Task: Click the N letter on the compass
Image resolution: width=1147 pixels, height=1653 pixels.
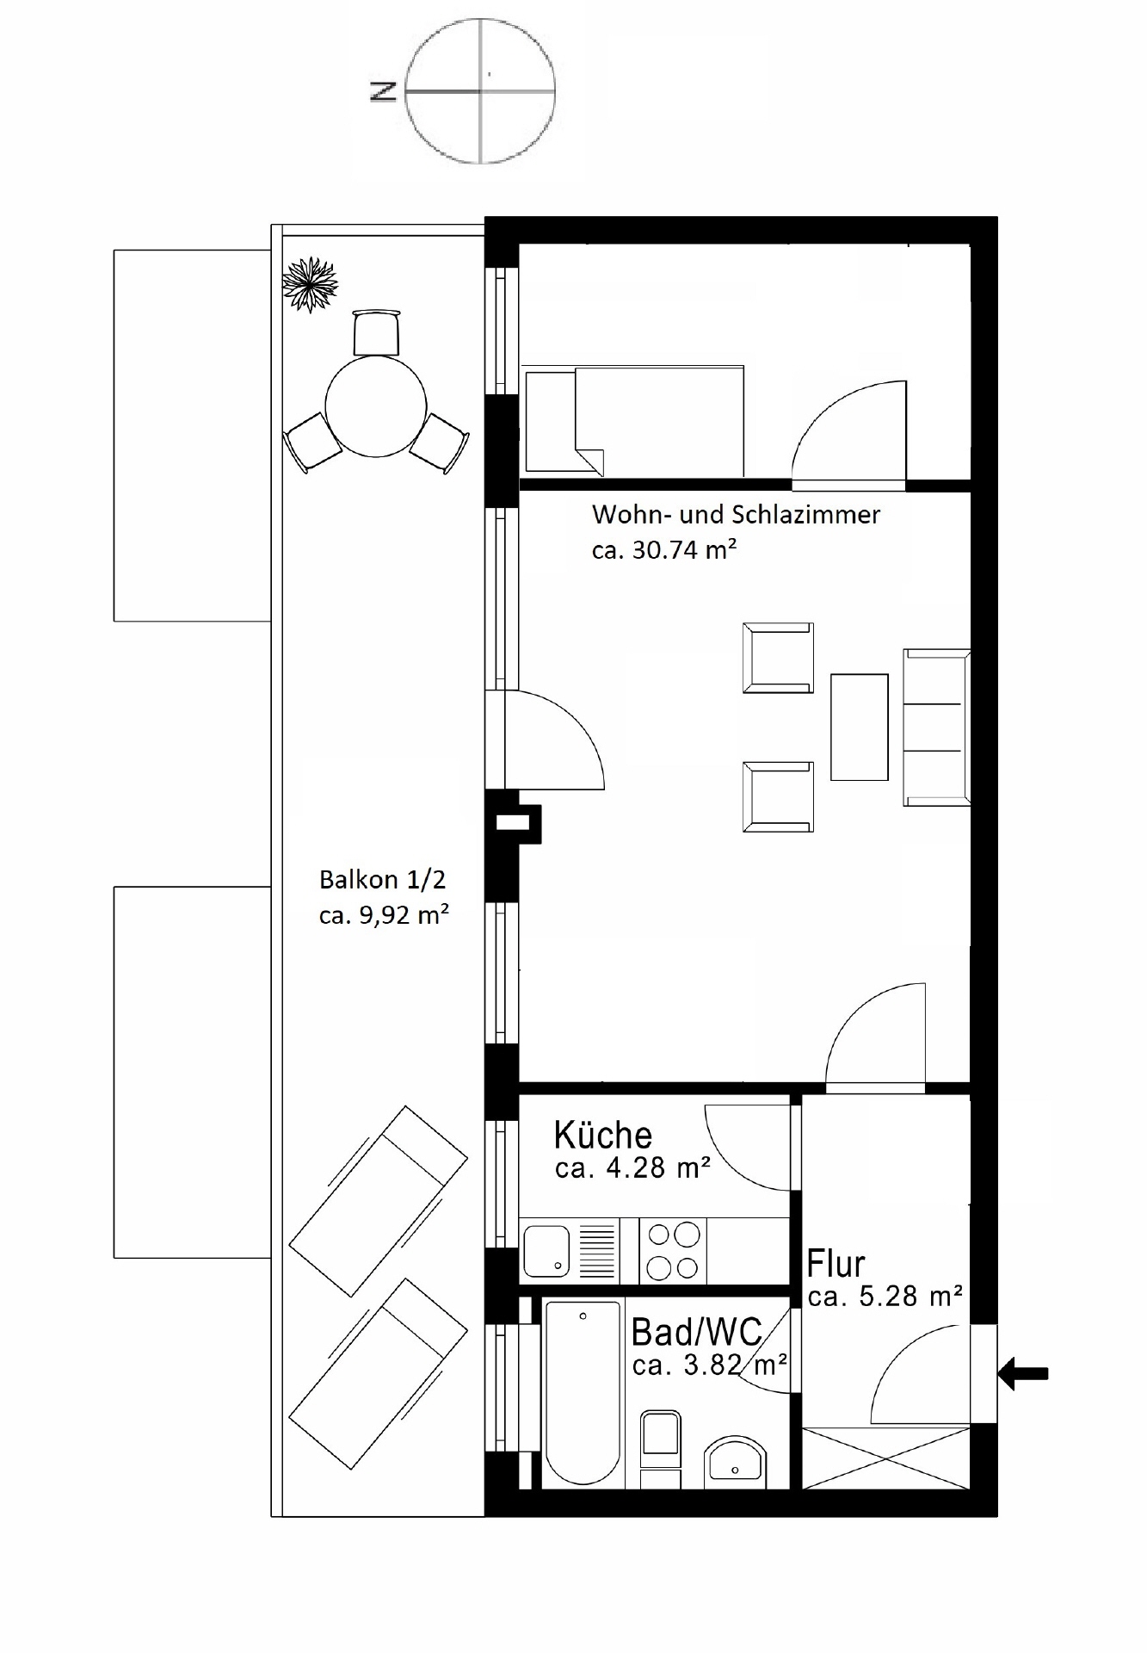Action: pyautogui.click(x=383, y=90)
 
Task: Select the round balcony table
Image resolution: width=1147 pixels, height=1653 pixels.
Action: pyautogui.click(x=376, y=406)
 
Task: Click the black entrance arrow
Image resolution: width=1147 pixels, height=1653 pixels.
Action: pyautogui.click(x=1024, y=1373)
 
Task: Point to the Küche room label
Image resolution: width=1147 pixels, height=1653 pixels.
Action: pyautogui.click(x=602, y=1136)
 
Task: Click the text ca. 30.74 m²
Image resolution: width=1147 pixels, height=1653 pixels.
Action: pyautogui.click(x=663, y=550)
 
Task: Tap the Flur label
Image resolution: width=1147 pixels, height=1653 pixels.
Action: pyautogui.click(x=836, y=1264)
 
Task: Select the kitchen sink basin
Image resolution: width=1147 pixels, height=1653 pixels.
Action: pyautogui.click(x=547, y=1250)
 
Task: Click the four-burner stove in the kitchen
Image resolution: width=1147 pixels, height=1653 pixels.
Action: pyautogui.click(x=673, y=1251)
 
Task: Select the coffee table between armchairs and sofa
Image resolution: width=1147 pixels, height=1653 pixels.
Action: pyautogui.click(x=859, y=727)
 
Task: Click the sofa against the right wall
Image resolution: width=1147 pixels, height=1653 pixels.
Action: pyautogui.click(x=936, y=727)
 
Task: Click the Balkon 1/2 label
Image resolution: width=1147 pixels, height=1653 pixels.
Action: pyautogui.click(x=383, y=880)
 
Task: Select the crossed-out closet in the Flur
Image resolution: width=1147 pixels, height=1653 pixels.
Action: pyautogui.click(x=885, y=1457)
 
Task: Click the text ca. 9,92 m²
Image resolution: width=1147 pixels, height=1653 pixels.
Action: pyautogui.click(x=384, y=915)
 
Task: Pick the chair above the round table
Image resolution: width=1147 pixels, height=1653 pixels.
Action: pyautogui.click(x=377, y=332)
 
